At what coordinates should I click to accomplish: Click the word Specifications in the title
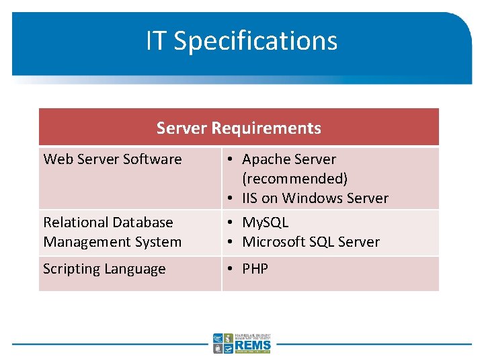(x=255, y=41)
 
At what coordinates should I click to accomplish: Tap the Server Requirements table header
(x=239, y=128)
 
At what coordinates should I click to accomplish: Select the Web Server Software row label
(x=112, y=159)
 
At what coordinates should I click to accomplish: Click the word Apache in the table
(x=266, y=159)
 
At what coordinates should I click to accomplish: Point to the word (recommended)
(x=294, y=179)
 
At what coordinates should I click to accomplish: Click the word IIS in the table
(x=250, y=198)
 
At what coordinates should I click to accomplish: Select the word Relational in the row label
(x=75, y=223)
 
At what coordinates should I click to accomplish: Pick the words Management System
(x=112, y=242)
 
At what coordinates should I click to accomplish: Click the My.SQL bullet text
(x=265, y=223)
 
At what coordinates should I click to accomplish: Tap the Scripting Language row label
(x=104, y=269)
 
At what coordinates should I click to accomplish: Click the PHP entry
(x=255, y=269)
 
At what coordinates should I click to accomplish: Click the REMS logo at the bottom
(x=242, y=343)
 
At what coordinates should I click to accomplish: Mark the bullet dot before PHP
(x=230, y=269)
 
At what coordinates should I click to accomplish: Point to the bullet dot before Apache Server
(x=230, y=160)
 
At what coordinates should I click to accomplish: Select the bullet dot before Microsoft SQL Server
(x=230, y=242)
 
